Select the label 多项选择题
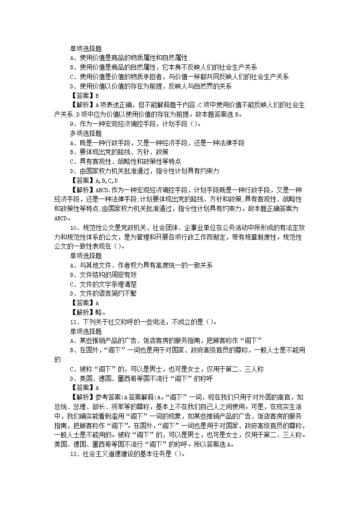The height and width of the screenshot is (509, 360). [86, 133]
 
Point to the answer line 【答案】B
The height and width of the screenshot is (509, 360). [84, 96]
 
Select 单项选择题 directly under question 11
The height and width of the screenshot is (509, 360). [86, 331]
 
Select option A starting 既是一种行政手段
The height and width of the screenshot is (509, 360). [157, 143]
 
